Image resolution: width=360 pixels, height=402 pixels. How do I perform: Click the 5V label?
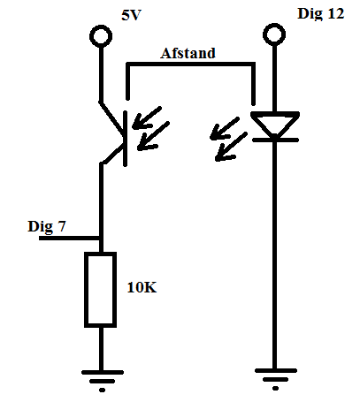132,15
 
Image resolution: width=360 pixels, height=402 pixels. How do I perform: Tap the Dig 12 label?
321,13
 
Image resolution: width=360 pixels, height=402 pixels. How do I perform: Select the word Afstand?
188,53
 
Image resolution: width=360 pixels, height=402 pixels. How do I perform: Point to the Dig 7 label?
47,226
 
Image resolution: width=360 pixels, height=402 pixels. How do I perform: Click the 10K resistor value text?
142,287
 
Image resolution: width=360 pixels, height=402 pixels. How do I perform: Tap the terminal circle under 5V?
101,27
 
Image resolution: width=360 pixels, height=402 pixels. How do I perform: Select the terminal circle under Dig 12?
274,25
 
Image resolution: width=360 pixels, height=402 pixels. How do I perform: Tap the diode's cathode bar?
275,140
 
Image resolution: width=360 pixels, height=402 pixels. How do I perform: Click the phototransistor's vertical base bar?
126,139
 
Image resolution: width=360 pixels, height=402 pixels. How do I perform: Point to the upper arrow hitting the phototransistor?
147,118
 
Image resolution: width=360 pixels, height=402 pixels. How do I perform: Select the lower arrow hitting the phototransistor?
153,136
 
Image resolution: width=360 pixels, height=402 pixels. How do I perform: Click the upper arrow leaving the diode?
225,128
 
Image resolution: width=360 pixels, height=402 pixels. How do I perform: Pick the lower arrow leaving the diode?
231,147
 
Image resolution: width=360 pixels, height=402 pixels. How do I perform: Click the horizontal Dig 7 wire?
70,239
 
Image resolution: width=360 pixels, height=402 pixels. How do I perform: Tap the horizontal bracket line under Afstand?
190,64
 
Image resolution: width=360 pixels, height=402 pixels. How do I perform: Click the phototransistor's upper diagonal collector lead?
112,118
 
